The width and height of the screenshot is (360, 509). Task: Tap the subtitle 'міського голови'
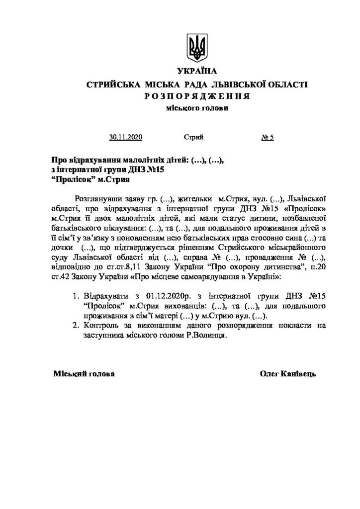197,108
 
